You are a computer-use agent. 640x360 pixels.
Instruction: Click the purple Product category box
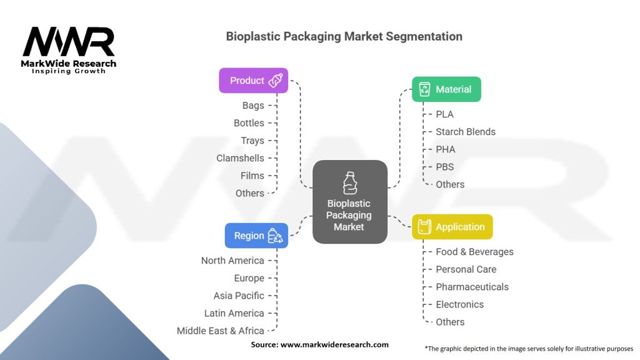click(253, 81)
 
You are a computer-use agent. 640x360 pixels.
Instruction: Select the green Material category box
click(446, 89)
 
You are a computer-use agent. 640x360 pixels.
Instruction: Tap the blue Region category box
click(256, 236)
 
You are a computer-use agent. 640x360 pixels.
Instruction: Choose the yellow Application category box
click(452, 227)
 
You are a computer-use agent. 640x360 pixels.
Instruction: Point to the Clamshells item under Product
click(240, 158)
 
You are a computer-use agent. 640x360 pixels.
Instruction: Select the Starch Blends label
click(465, 132)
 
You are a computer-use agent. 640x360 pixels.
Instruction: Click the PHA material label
click(445, 149)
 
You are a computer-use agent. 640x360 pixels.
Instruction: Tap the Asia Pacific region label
click(239, 296)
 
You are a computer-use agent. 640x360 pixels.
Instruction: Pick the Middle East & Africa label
click(220, 331)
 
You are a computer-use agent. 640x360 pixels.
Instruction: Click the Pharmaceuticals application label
click(472, 287)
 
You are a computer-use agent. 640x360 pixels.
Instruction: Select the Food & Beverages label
click(474, 252)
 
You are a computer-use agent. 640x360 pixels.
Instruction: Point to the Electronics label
click(459, 304)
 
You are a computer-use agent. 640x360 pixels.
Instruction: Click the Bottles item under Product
click(249, 123)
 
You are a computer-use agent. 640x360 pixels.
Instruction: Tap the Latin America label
click(234, 313)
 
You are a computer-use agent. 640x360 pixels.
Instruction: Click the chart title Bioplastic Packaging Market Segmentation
click(344, 36)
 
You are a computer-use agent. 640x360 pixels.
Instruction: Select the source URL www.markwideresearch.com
click(334, 344)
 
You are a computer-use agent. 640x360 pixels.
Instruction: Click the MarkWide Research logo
click(69, 49)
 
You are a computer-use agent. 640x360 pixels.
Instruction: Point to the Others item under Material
click(450, 184)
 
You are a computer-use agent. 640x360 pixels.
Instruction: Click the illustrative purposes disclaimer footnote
click(529, 348)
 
